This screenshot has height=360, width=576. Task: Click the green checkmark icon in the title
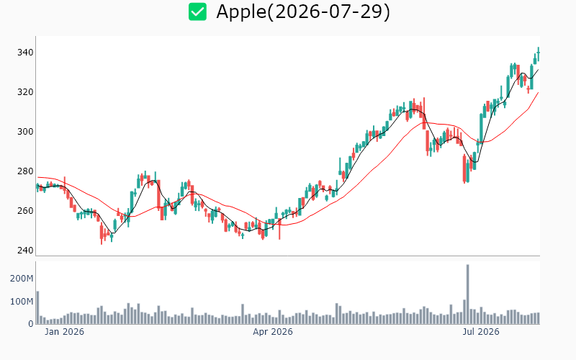tap(197, 12)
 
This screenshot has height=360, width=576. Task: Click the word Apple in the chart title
tap(241, 12)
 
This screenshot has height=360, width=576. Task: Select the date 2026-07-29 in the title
tap(328, 12)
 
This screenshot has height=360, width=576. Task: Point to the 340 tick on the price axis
tap(25, 53)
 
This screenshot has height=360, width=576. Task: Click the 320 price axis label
tap(25, 92)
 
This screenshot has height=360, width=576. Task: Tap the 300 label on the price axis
tap(25, 132)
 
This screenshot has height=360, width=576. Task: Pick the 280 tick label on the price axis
tap(25, 171)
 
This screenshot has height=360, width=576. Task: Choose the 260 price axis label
tap(25, 211)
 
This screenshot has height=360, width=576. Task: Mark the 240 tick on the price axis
tap(25, 251)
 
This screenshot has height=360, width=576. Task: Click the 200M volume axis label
tap(22, 279)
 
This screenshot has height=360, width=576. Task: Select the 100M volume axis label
tap(22, 302)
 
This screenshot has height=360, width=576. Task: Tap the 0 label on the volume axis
tap(31, 324)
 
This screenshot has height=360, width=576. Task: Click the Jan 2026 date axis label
tap(64, 332)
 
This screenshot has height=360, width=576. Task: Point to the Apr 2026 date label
tap(273, 332)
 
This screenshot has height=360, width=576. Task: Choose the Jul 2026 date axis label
tap(481, 332)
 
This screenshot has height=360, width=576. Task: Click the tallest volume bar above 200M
tap(467, 294)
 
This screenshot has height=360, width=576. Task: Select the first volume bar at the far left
tap(37, 307)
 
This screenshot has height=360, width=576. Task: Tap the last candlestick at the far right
tap(539, 53)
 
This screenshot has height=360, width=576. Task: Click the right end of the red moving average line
tap(539, 92)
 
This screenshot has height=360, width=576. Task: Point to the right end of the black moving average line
tap(539, 69)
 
